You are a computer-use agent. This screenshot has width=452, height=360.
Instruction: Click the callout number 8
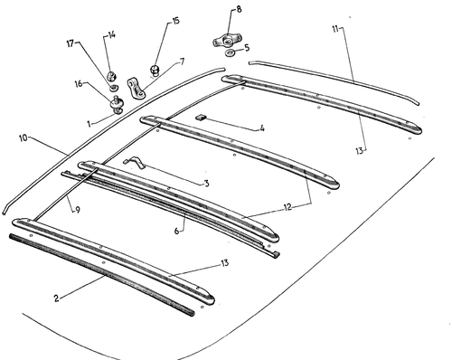(239, 9)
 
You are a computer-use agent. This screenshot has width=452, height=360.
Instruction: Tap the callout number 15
(175, 21)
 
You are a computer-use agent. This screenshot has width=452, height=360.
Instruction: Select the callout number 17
(71, 43)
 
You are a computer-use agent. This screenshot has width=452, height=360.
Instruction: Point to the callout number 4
(262, 128)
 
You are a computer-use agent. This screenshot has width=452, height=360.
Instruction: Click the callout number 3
(206, 184)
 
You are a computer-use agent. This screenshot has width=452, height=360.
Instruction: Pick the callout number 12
(287, 207)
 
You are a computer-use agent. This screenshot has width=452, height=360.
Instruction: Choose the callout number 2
(56, 298)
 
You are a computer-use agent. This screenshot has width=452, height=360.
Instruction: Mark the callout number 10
(24, 138)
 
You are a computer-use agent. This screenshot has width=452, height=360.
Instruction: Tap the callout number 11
(335, 29)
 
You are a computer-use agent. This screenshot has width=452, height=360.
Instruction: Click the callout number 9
(78, 210)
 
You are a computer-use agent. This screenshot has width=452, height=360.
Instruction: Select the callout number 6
(177, 232)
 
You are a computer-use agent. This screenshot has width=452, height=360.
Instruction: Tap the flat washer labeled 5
(231, 53)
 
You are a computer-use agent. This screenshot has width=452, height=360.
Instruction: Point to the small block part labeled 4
(201, 117)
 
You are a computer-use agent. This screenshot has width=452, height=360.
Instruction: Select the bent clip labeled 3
(135, 162)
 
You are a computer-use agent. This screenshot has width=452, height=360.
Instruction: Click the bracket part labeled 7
(137, 88)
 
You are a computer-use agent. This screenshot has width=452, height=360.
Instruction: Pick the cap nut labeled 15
(155, 71)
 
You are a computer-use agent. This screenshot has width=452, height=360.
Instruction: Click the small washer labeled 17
(114, 88)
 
